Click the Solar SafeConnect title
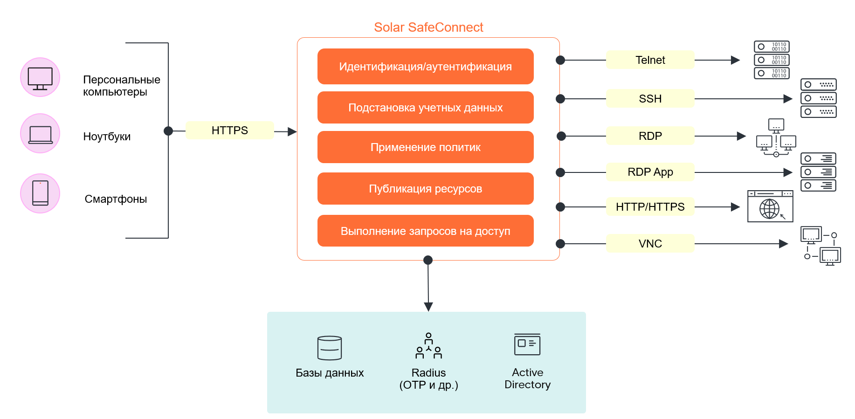[428, 27]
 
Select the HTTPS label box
[229, 131]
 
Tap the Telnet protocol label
[650, 60]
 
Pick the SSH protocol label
[650, 99]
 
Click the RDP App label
[650, 172]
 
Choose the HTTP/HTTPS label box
[650, 207]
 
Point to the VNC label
[650, 244]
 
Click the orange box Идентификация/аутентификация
[425, 67]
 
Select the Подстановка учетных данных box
[425, 108]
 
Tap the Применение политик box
[425, 147]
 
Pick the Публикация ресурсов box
[425, 189]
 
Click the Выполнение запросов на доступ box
[425, 231]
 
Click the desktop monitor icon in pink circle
[40, 77]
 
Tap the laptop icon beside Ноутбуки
[40, 134]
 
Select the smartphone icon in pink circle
[40, 193]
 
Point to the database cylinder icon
[330, 348]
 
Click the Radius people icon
[428, 346]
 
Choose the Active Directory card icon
[527, 344]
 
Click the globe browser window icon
[770, 206]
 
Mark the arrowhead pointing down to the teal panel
[428, 307]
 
